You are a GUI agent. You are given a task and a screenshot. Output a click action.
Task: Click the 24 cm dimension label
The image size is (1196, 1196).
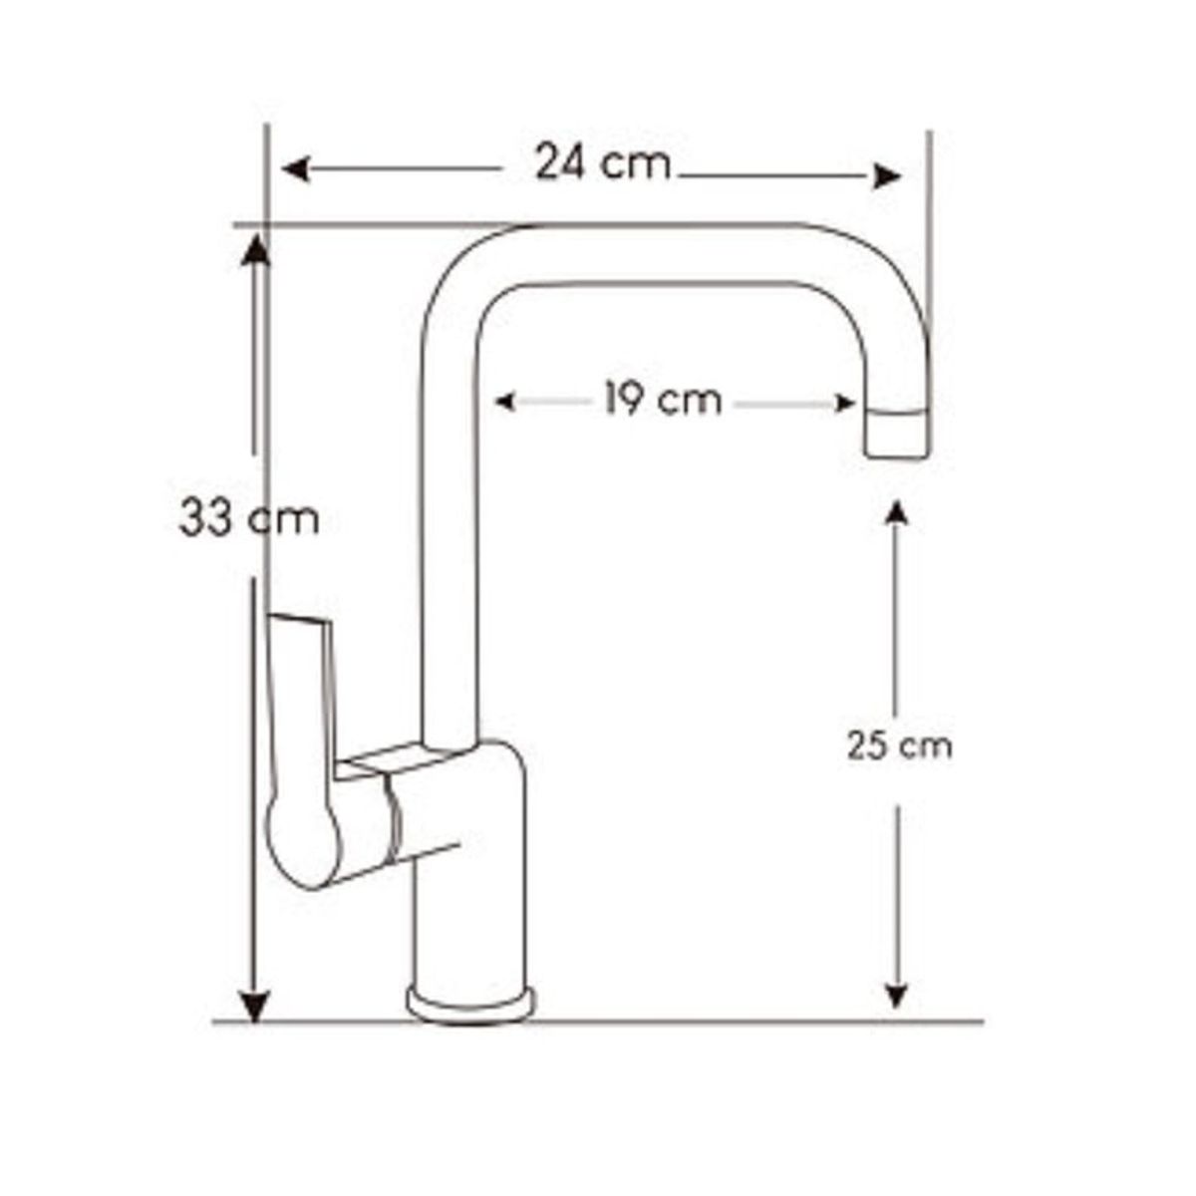click(602, 162)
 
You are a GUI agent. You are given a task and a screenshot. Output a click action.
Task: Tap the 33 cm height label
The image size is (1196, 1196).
click(249, 519)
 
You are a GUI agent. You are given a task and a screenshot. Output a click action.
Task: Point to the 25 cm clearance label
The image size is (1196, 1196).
click(899, 746)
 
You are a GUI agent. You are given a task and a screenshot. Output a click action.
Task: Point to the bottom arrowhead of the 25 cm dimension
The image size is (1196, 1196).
click(897, 995)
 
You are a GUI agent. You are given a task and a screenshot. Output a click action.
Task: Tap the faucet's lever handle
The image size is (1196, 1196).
click(304, 747)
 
